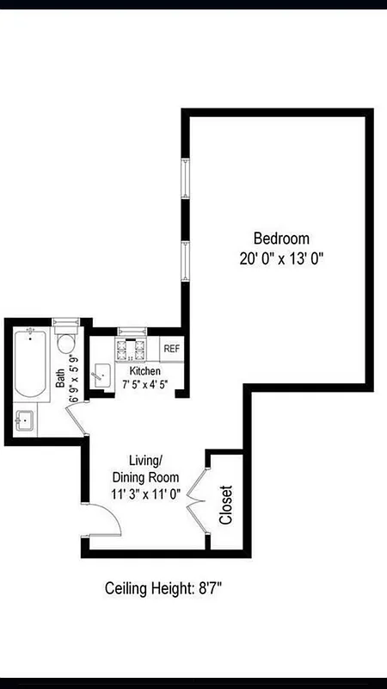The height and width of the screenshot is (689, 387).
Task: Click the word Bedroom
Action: (281, 239)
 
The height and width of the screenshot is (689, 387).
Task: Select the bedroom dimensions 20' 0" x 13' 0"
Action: (281, 258)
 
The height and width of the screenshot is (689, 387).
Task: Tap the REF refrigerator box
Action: (172, 349)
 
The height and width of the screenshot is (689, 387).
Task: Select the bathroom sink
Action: (24, 422)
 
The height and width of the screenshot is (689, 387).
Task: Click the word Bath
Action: (60, 380)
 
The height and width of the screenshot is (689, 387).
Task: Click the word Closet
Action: (226, 506)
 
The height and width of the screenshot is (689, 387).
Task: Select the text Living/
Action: (145, 460)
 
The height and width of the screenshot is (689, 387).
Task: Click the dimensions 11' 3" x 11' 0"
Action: (144, 494)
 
